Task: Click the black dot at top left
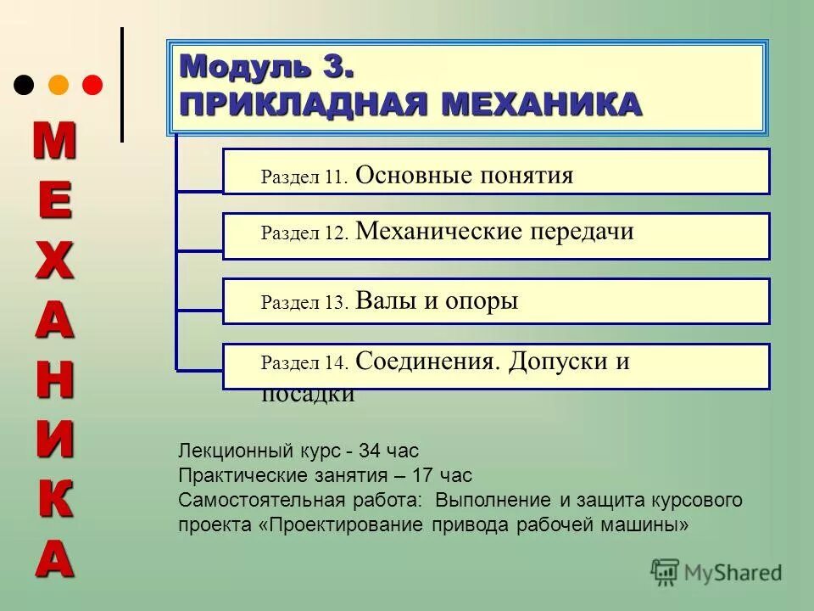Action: click(x=25, y=85)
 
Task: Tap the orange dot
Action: click(x=59, y=85)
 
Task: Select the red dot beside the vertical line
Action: click(x=92, y=85)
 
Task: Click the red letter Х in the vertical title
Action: click(x=54, y=264)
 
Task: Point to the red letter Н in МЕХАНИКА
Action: click(x=54, y=380)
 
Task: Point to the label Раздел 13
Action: click(x=304, y=303)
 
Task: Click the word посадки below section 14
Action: click(x=308, y=395)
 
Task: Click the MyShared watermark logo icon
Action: click(x=665, y=572)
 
